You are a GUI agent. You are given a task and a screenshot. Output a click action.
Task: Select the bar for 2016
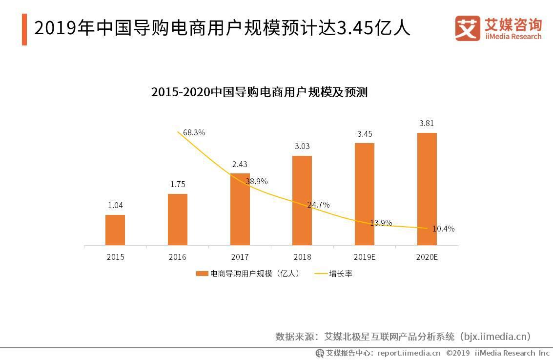178,219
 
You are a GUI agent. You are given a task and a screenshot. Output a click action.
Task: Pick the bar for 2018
302,200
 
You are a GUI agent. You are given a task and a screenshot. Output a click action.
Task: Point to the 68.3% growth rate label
194,132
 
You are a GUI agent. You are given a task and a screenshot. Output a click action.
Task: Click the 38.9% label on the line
256,181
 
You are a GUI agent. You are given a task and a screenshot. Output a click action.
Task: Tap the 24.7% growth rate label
318,205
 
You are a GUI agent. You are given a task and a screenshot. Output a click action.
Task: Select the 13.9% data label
381,223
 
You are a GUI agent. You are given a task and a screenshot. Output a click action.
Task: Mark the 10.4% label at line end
443,228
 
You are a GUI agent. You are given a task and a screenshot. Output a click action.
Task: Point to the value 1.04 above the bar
115,205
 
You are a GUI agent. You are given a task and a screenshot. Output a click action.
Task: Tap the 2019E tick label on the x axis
365,257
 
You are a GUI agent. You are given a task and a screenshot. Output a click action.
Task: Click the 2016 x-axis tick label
178,257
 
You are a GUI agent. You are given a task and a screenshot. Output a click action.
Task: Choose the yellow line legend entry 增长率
321,274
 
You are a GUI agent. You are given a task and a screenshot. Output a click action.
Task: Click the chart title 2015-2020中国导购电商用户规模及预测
259,92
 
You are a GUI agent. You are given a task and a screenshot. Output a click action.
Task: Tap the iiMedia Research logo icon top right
468,28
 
